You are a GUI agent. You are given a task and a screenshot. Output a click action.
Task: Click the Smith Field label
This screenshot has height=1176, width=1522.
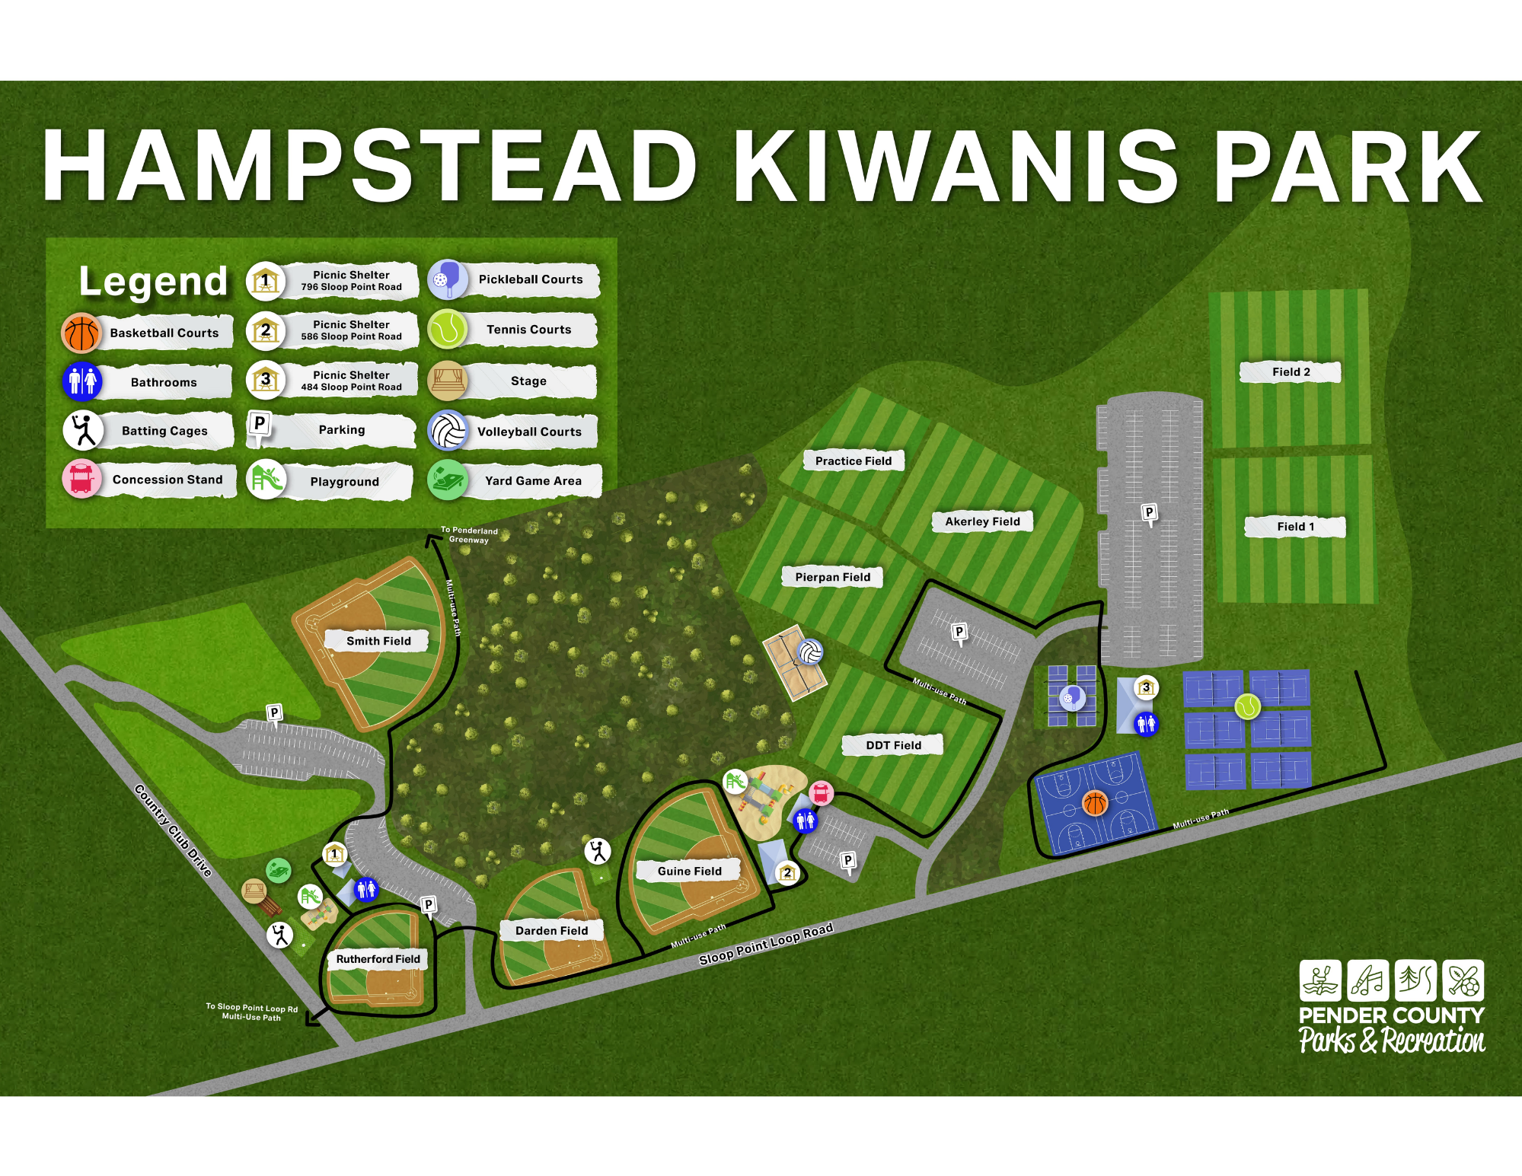378,641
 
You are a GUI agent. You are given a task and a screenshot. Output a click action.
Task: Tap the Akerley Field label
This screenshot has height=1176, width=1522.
982,521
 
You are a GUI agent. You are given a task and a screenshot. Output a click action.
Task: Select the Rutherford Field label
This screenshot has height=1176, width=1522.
378,959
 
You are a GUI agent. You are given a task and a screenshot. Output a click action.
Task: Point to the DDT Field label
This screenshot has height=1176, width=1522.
893,745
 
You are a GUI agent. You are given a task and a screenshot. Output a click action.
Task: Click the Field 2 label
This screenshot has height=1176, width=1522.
1291,372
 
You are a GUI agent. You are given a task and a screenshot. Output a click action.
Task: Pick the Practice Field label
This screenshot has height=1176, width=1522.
853,461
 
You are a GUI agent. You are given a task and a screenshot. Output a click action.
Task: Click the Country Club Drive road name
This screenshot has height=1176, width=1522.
173,830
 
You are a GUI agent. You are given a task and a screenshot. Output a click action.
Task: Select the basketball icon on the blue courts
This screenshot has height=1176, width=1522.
1094,802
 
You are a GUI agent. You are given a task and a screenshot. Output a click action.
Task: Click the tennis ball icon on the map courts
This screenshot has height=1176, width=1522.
1247,706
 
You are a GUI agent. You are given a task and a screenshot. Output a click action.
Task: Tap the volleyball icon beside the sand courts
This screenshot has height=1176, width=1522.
810,652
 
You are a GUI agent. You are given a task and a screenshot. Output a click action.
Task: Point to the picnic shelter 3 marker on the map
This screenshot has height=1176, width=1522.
1146,688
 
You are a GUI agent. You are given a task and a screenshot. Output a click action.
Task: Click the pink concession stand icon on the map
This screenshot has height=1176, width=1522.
821,793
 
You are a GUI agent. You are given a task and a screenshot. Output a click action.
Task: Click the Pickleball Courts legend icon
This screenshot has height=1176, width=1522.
447,279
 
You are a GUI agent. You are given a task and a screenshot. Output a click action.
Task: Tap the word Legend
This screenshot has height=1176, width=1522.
153,282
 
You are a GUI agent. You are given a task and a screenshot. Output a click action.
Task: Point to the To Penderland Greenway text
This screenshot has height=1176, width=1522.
469,534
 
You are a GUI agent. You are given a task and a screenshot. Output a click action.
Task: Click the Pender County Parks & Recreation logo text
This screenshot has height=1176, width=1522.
1391,1028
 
